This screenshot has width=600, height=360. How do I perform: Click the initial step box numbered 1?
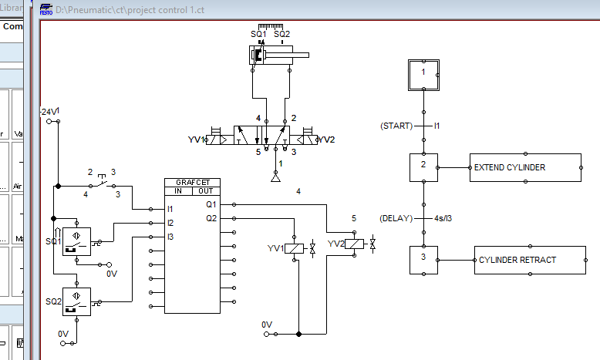[x=423, y=72]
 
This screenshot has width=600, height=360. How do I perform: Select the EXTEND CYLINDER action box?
[x=525, y=167]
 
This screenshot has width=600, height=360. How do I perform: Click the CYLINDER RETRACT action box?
[x=528, y=260]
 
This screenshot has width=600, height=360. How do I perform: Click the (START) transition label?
[x=396, y=125]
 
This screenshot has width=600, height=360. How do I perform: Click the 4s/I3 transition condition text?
[x=442, y=217]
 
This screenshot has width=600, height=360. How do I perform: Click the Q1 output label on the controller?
[x=211, y=205]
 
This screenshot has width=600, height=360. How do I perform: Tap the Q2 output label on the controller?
[x=211, y=218]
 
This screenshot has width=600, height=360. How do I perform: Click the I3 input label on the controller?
[x=170, y=237]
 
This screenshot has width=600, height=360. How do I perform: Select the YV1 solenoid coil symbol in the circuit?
[x=295, y=247]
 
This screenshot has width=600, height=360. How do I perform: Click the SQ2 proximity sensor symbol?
[x=76, y=301]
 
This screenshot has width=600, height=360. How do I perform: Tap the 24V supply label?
[x=49, y=112]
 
